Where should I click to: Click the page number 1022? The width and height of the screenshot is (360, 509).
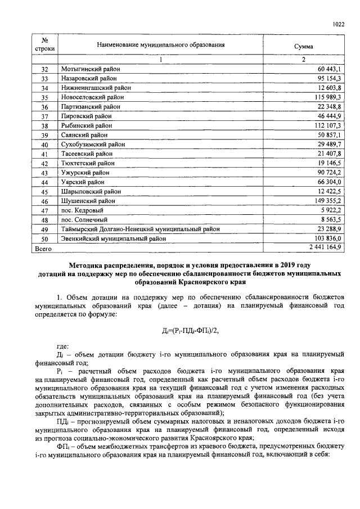338,24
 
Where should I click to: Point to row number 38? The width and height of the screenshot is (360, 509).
45,126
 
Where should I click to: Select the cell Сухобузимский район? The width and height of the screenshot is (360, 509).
93,145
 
